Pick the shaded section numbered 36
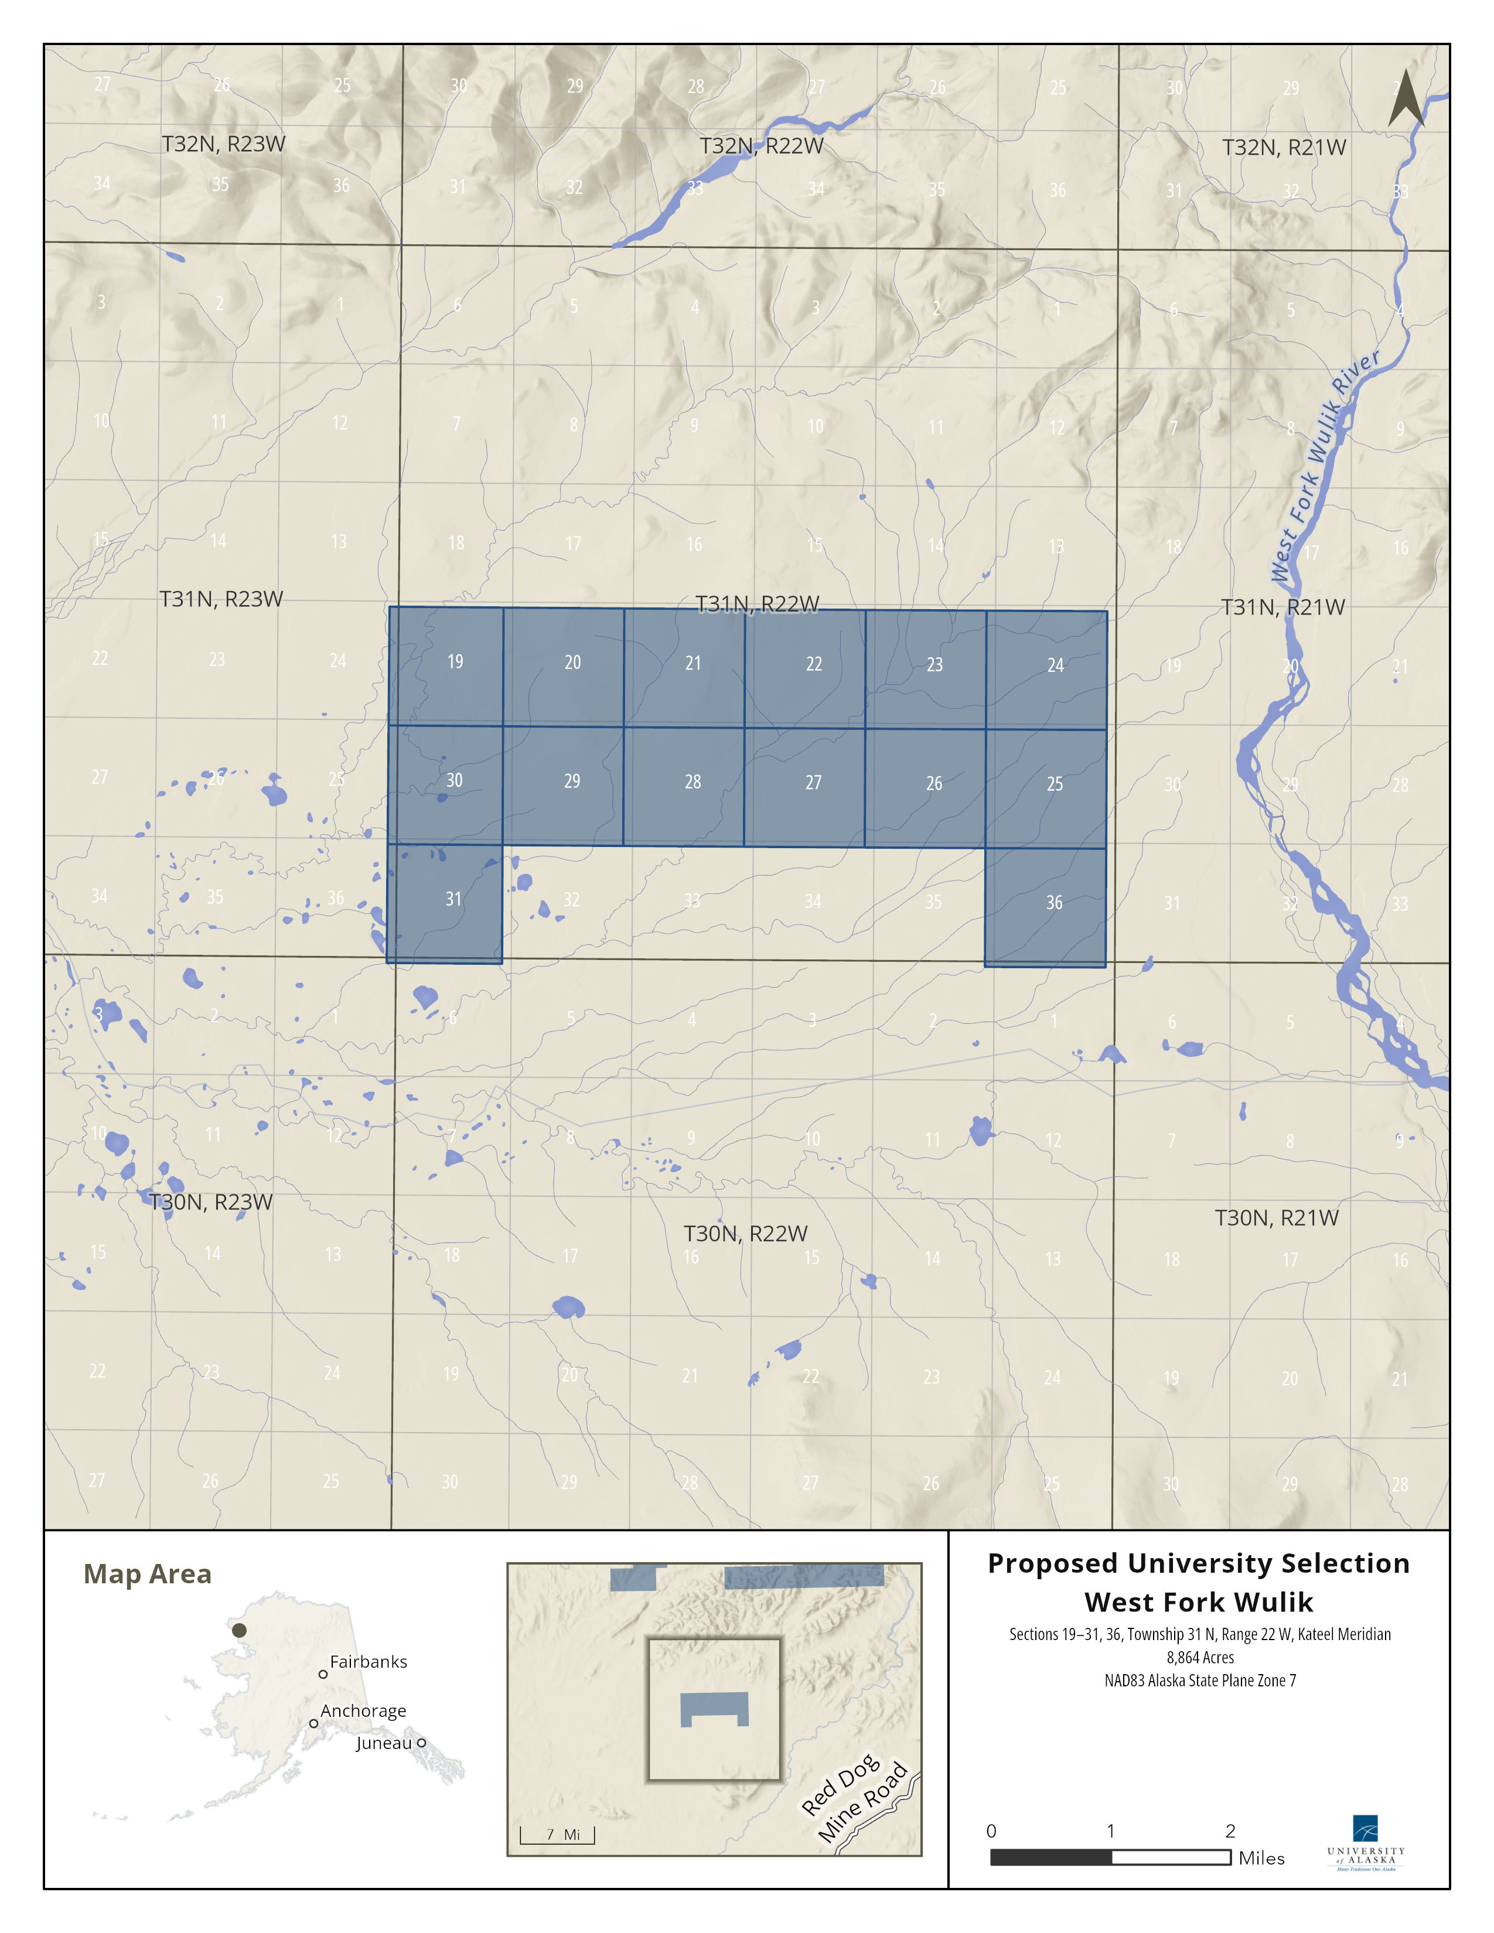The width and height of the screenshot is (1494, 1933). [x=1045, y=907]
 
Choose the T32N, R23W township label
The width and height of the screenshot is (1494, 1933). [x=223, y=144]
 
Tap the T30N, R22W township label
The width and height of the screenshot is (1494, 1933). [x=745, y=1233]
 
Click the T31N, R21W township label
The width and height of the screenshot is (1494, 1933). [x=1282, y=607]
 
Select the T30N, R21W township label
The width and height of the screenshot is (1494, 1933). [x=1276, y=1218]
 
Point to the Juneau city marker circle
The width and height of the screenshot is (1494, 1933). [x=421, y=1743]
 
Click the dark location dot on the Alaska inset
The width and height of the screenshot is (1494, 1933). [x=239, y=1630]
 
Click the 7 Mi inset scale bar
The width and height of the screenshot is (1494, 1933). [x=558, y=1835]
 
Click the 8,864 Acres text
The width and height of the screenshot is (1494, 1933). [x=1199, y=1658]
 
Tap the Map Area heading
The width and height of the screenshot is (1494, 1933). [x=147, y=1575]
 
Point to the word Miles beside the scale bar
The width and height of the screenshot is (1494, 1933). [x=1261, y=1859]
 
